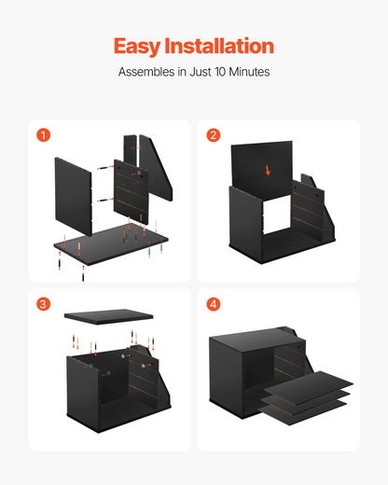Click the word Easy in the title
(x=136, y=47)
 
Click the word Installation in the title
(x=219, y=46)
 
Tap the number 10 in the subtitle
(x=220, y=72)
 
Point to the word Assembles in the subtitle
(x=146, y=72)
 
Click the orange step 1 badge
(x=44, y=135)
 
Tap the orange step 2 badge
(x=214, y=135)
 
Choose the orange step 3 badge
(x=44, y=304)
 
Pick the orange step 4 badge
(x=214, y=304)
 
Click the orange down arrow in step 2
(x=268, y=170)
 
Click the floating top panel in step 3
(x=108, y=316)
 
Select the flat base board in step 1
(x=111, y=244)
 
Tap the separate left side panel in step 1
(x=74, y=197)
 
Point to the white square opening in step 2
(x=277, y=215)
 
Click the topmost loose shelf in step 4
(x=309, y=388)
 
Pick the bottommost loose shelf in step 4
(x=302, y=412)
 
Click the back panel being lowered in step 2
(x=262, y=170)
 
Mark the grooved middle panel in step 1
(x=132, y=192)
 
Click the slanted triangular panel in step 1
(x=156, y=168)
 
